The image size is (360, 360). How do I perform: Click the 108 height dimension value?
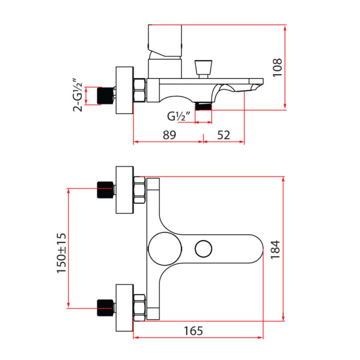[x=277, y=67]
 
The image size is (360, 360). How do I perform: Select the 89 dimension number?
[x=169, y=135]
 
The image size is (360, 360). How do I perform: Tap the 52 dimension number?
[x=223, y=135]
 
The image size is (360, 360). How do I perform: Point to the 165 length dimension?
[x=193, y=331]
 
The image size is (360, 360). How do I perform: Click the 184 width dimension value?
[x=275, y=250]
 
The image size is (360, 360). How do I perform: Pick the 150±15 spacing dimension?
[x=61, y=253]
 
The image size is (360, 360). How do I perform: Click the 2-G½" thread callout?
[x=78, y=95]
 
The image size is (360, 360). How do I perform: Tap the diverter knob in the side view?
[x=203, y=69]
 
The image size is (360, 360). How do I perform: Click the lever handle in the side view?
[x=165, y=41]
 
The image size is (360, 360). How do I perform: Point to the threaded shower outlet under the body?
[x=203, y=106]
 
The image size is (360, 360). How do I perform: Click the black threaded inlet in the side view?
[x=105, y=96]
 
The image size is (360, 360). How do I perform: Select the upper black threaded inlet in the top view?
[x=105, y=190]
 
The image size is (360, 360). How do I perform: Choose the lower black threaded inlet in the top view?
[x=105, y=308]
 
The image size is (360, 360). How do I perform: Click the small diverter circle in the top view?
[x=204, y=249]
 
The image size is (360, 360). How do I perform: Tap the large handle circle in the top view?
[x=165, y=249]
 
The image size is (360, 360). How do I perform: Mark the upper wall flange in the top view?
[x=124, y=190]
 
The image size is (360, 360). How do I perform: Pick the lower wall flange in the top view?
[x=124, y=308]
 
